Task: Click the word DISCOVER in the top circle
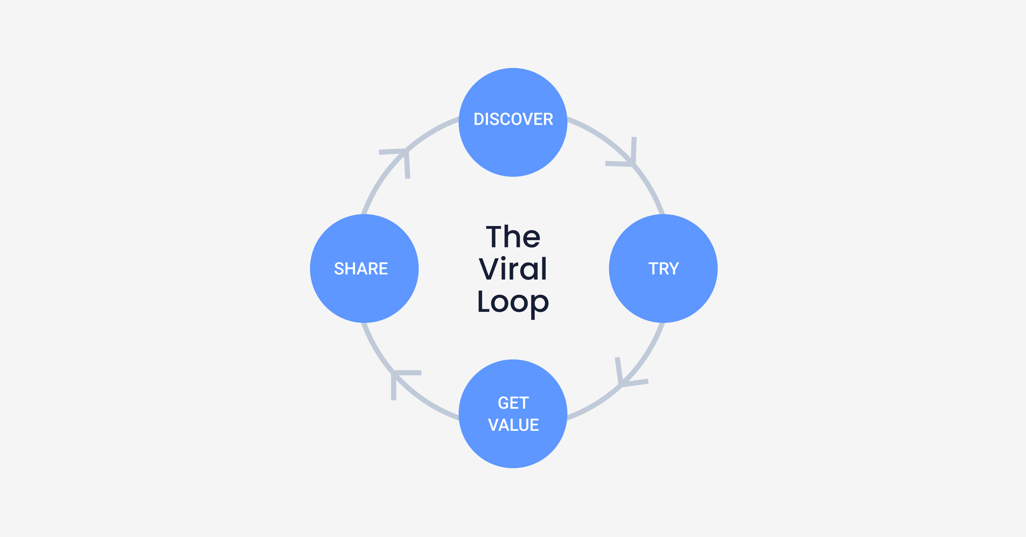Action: coord(513,119)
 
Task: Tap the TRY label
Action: coord(663,269)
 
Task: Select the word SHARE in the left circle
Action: coord(361,269)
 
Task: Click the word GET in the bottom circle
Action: coord(513,403)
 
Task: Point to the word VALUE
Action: coord(513,425)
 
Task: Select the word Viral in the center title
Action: coord(513,269)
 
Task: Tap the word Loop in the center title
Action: coord(513,302)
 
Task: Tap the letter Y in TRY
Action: coord(674,269)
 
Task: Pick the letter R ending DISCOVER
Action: coord(548,119)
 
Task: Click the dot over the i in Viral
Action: coord(504,258)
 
